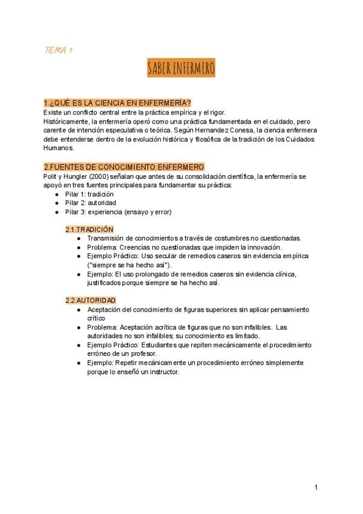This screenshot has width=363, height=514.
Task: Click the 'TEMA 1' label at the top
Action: click(59, 50)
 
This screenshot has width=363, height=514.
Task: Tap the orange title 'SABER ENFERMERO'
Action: click(181, 68)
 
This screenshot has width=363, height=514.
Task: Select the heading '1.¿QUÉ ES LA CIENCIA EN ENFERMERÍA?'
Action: click(117, 102)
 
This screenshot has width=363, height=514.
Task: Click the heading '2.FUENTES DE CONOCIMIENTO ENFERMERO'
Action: click(124, 167)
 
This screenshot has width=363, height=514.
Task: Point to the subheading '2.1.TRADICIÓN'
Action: click(90, 230)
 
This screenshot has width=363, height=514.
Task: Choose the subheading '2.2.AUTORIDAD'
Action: click(91, 301)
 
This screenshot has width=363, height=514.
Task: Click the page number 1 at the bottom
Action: click(316, 487)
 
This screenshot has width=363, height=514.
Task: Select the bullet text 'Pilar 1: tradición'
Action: click(90, 194)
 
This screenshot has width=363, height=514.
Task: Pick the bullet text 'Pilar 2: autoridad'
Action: click(91, 203)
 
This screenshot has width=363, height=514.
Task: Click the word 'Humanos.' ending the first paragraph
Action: click(59, 147)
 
